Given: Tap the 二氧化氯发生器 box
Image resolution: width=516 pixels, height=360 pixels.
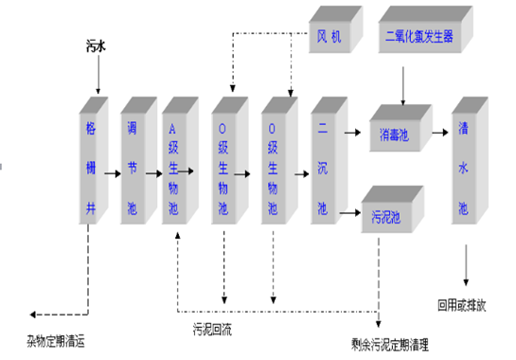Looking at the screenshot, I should pyautogui.click(x=418, y=37).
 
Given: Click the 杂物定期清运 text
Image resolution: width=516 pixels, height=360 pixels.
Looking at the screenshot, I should pyautogui.click(x=58, y=338).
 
